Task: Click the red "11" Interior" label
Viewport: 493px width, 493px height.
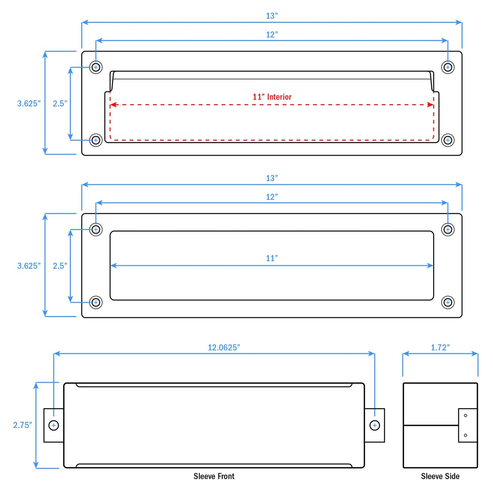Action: click(272, 97)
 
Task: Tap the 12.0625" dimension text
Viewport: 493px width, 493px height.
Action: click(224, 347)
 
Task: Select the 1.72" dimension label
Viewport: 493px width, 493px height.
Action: click(440, 347)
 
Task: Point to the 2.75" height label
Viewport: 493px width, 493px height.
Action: click(23, 425)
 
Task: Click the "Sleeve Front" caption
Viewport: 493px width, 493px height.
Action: click(214, 476)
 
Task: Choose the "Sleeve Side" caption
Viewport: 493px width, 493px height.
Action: click(440, 476)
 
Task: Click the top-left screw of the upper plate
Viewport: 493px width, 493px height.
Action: click(96, 67)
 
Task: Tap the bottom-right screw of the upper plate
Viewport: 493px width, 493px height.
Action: click(448, 140)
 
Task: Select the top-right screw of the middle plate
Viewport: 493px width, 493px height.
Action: click(448, 230)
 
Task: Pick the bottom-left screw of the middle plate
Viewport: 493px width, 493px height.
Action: click(96, 302)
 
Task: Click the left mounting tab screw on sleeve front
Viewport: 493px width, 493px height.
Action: click(54, 425)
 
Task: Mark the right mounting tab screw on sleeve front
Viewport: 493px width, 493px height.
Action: click(375, 425)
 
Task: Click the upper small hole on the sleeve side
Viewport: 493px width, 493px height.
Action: click(465, 416)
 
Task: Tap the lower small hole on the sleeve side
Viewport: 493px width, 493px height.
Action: click(465, 435)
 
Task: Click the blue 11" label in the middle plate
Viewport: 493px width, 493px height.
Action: click(272, 258)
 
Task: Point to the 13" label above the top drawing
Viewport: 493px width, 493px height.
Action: click(272, 16)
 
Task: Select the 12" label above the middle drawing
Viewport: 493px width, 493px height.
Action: click(272, 197)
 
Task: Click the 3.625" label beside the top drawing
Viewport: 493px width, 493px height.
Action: click(29, 103)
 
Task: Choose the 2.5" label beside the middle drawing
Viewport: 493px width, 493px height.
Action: click(60, 266)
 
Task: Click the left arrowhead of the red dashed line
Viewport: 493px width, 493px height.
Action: click(113, 105)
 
